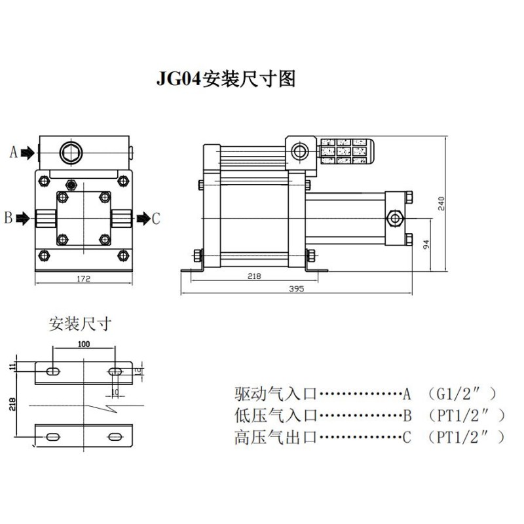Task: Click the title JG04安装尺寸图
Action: click(x=225, y=79)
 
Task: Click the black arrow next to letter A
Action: click(x=28, y=153)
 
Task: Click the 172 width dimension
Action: click(x=83, y=278)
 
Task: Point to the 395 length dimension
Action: click(x=296, y=289)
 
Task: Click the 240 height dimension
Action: click(x=441, y=204)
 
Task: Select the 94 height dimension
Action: click(x=426, y=245)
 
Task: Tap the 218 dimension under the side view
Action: click(x=255, y=276)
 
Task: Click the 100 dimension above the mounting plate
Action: click(x=83, y=343)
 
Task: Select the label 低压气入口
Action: click(x=275, y=415)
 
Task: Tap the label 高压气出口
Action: click(x=275, y=437)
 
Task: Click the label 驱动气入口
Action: click(x=275, y=394)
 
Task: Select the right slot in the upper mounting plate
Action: click(x=115, y=372)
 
